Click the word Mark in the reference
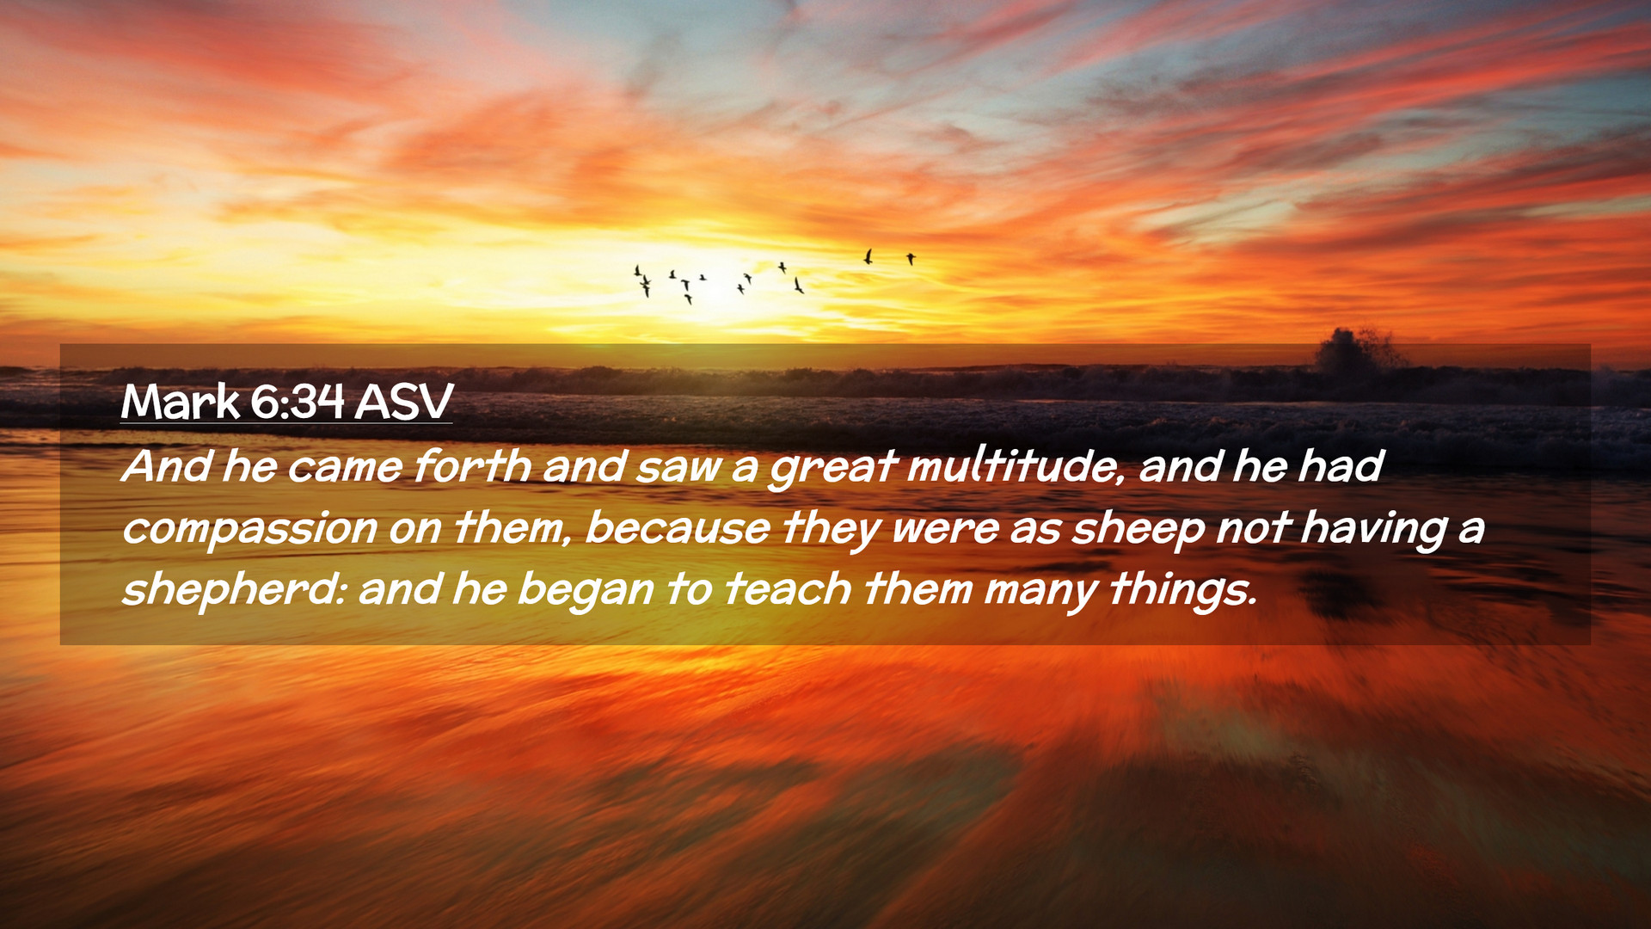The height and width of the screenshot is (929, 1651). click(181, 402)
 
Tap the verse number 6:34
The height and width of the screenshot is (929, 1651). click(298, 402)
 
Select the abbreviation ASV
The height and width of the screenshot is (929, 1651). click(403, 402)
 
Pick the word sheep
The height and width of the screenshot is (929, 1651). click(1138, 528)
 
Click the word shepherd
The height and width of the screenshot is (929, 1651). click(232, 590)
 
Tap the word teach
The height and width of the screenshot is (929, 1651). click(789, 590)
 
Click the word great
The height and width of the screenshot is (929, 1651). click(832, 468)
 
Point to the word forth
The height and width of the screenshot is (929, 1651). click(472, 466)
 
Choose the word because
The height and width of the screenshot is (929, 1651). click(678, 528)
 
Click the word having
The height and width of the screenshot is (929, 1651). click(1373, 529)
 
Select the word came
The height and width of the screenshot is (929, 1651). click(345, 468)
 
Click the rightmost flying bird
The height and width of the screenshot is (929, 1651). click(911, 258)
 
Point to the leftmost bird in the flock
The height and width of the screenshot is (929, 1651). click(637, 271)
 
